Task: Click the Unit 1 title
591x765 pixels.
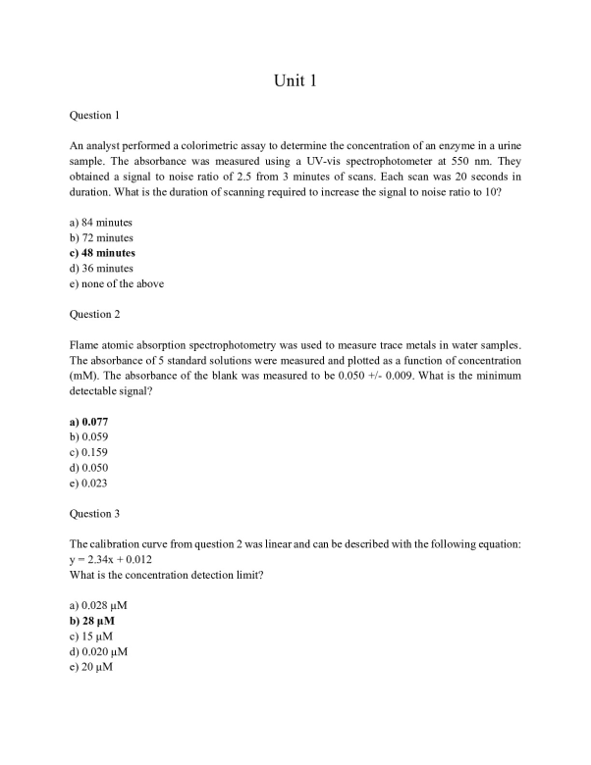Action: coord(295,79)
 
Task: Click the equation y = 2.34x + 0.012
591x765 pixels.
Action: coord(111,559)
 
